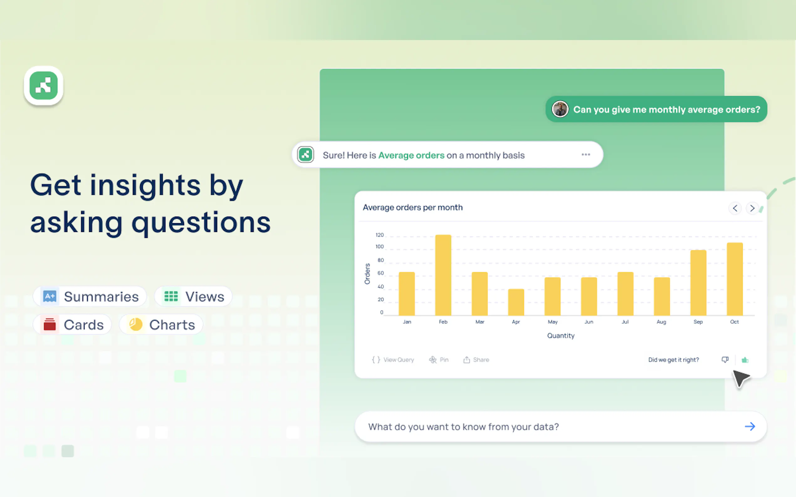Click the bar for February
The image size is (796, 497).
[x=443, y=275]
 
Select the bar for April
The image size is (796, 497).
[x=516, y=302]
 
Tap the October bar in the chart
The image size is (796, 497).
[x=735, y=279]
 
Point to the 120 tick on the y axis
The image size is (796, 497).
[x=380, y=235]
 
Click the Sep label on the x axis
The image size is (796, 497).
[x=698, y=322]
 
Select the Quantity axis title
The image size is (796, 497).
[x=561, y=336]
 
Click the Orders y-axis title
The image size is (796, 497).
[x=367, y=274]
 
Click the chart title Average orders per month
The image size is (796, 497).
[x=413, y=208]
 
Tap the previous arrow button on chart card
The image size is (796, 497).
[x=735, y=208]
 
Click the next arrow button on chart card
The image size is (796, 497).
[x=752, y=208]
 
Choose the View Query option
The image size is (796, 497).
[x=393, y=360]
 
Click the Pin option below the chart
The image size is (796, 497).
[x=439, y=360]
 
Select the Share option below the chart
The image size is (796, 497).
[x=476, y=360]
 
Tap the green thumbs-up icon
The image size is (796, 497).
[x=745, y=360]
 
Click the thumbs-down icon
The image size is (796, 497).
[x=725, y=360]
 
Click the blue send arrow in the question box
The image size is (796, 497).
[x=750, y=426]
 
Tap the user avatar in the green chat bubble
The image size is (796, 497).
[x=560, y=109]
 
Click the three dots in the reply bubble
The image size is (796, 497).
[x=586, y=155]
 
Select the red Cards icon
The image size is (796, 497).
[x=50, y=325]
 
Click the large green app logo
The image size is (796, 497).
[x=44, y=85]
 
